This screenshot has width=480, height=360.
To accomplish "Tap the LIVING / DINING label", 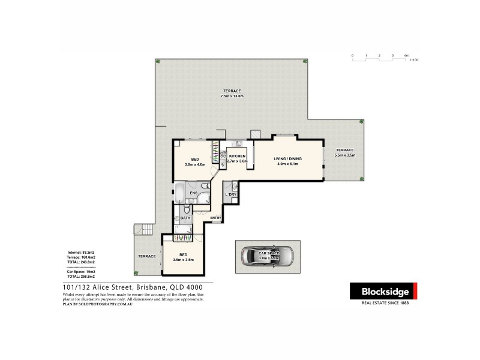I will pyautogui.click(x=288, y=159).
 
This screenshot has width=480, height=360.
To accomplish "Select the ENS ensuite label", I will pyautogui.click(x=193, y=193).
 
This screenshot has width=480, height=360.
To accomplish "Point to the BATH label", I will pyautogui.click(x=185, y=218).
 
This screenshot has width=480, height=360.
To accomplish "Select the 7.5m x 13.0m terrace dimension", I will pyautogui.click(x=232, y=96).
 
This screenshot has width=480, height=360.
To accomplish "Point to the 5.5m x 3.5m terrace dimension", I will pyautogui.click(x=345, y=155).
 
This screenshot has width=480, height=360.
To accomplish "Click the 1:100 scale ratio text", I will pyautogui.click(x=413, y=61).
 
